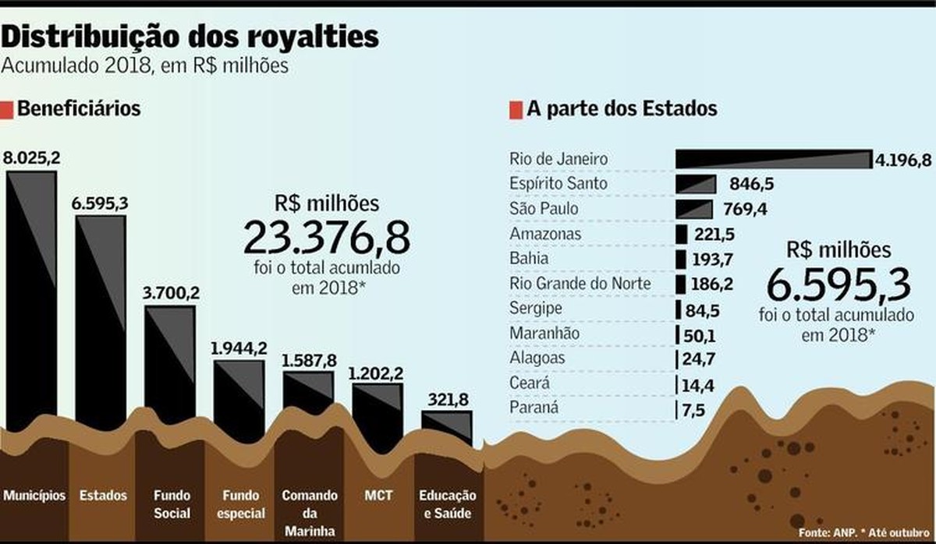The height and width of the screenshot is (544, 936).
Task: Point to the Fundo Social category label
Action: (172, 504)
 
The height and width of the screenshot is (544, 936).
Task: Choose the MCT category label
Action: (378, 495)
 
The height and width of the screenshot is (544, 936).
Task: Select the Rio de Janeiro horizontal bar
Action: (772, 159)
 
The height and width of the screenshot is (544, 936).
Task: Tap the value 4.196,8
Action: (903, 160)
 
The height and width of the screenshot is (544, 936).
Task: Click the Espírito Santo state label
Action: (559, 184)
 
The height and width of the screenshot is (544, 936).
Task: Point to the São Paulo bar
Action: (694, 209)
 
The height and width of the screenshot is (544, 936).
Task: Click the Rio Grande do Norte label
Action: (580, 283)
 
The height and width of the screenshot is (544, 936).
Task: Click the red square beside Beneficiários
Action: (7, 109)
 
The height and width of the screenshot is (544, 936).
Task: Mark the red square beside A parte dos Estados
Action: (516, 110)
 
